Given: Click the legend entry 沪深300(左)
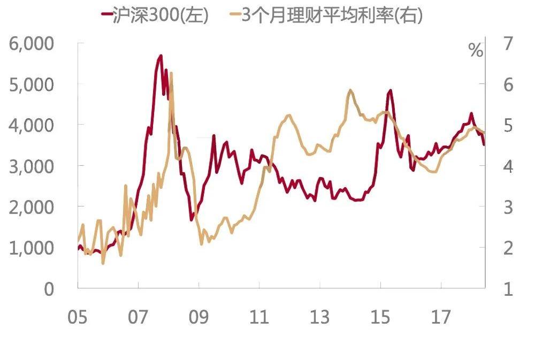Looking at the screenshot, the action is (x=156, y=15).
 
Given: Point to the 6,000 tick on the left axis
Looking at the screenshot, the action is (x=31, y=44).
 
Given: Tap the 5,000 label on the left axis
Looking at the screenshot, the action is (x=31, y=85).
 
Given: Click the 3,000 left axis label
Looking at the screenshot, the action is (x=31, y=166).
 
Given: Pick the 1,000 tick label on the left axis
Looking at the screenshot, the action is (x=31, y=248).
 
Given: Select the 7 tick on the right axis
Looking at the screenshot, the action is (x=508, y=44).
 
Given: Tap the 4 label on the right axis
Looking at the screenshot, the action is (x=508, y=166).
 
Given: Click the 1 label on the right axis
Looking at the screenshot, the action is (x=508, y=289).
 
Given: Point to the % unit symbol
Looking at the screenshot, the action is (x=476, y=50).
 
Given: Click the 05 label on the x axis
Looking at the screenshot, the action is (x=78, y=317).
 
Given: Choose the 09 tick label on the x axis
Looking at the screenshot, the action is (x=199, y=317).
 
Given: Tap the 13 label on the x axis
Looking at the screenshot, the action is (x=320, y=317).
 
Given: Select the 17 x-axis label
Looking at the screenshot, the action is (x=441, y=317).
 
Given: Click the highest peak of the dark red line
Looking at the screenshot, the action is (x=161, y=56).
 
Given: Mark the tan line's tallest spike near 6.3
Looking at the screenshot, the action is (x=171, y=73).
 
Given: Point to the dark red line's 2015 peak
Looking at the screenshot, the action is (x=391, y=90).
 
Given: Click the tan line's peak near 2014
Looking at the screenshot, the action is (x=350, y=90).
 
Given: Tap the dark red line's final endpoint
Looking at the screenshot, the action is (x=484, y=145).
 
